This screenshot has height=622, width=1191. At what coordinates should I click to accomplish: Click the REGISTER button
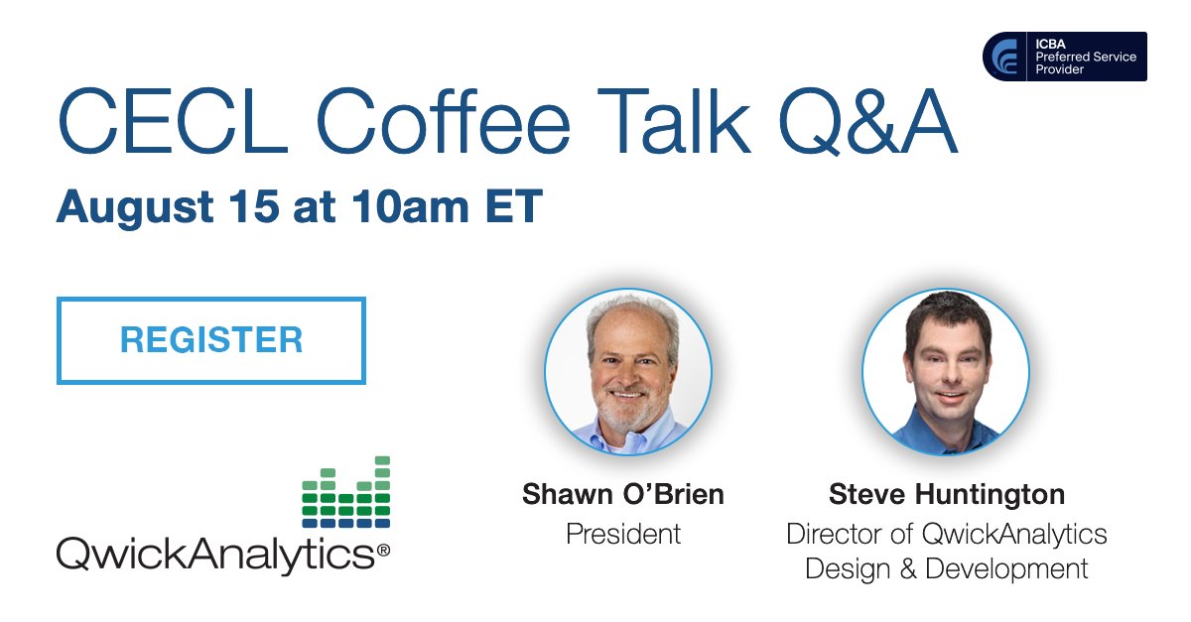tap(211, 340)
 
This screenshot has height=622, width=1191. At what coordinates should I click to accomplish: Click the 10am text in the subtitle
tap(413, 207)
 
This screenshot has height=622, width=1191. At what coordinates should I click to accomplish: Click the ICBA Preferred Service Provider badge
tap(1064, 57)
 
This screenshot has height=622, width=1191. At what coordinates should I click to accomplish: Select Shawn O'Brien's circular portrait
tap(627, 371)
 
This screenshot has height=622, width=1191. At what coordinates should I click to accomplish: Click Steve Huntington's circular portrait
tap(945, 371)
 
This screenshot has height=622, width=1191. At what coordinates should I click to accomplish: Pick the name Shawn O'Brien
tap(622, 494)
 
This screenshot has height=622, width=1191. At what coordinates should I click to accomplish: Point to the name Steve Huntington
tap(946, 494)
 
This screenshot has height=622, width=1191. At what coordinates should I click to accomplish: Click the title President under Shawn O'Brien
tap(622, 534)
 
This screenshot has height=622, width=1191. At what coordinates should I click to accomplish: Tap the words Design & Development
tap(946, 569)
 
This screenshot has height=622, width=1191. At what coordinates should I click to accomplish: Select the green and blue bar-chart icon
tap(345, 492)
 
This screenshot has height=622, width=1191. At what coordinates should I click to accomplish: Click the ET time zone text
tap(512, 207)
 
